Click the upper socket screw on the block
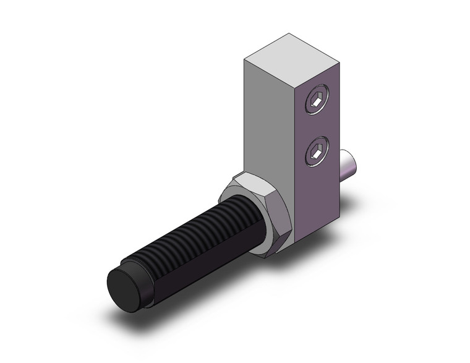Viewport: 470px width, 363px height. tap(316, 100)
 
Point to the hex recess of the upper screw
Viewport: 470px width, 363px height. tap(316, 100)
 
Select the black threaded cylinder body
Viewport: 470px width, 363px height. tap(186, 241)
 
